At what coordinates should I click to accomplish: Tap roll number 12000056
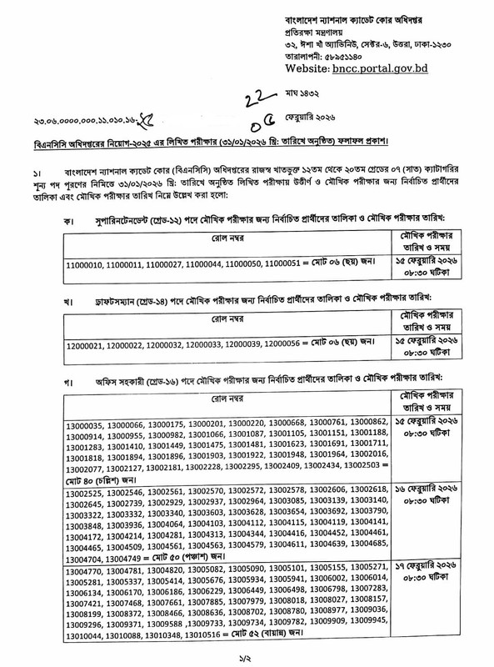point(287,344)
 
